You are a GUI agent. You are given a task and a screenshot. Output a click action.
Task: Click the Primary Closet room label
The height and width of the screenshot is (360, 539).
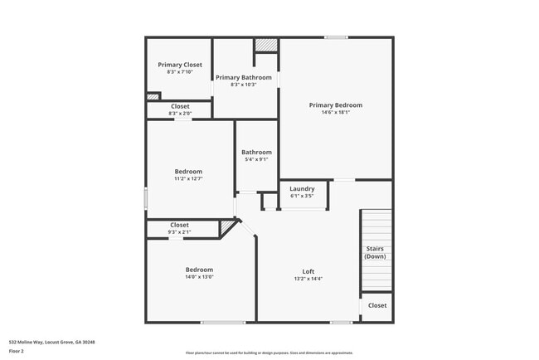click(180, 65)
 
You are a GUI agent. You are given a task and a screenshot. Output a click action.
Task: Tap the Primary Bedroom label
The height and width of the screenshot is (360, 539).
click(335, 105)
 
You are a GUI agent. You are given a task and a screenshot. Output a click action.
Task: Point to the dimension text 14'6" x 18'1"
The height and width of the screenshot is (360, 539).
click(335, 113)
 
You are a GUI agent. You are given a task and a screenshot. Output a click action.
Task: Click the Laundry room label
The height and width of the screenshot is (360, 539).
click(302, 189)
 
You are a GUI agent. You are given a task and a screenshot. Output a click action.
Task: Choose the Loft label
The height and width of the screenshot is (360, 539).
click(308, 271)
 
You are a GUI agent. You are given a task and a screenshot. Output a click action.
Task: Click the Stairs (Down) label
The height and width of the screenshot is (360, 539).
click(375, 252)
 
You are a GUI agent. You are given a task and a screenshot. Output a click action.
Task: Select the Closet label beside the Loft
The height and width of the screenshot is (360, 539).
click(376, 305)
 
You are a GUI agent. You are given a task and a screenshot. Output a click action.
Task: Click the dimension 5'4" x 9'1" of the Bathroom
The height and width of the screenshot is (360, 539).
click(256, 159)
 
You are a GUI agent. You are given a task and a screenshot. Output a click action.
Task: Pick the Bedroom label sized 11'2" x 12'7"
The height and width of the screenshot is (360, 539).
click(187, 172)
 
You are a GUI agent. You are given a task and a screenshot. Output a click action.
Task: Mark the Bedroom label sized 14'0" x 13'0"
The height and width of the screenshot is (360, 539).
click(199, 270)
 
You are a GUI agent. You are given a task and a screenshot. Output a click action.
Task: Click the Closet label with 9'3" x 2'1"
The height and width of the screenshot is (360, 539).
click(179, 225)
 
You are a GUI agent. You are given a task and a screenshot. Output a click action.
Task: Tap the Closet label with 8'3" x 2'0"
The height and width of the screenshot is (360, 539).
click(180, 106)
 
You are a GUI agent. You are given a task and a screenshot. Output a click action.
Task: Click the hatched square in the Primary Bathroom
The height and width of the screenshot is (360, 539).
click(265, 45)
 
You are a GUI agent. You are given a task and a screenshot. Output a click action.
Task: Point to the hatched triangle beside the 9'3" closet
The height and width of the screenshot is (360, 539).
click(228, 226)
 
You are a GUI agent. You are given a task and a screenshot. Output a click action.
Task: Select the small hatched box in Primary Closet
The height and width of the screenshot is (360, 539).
click(153, 97)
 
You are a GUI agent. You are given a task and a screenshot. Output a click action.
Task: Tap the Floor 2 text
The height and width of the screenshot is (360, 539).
click(17, 352)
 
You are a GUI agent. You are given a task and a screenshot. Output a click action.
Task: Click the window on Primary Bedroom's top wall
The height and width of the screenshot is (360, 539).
click(335, 37)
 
